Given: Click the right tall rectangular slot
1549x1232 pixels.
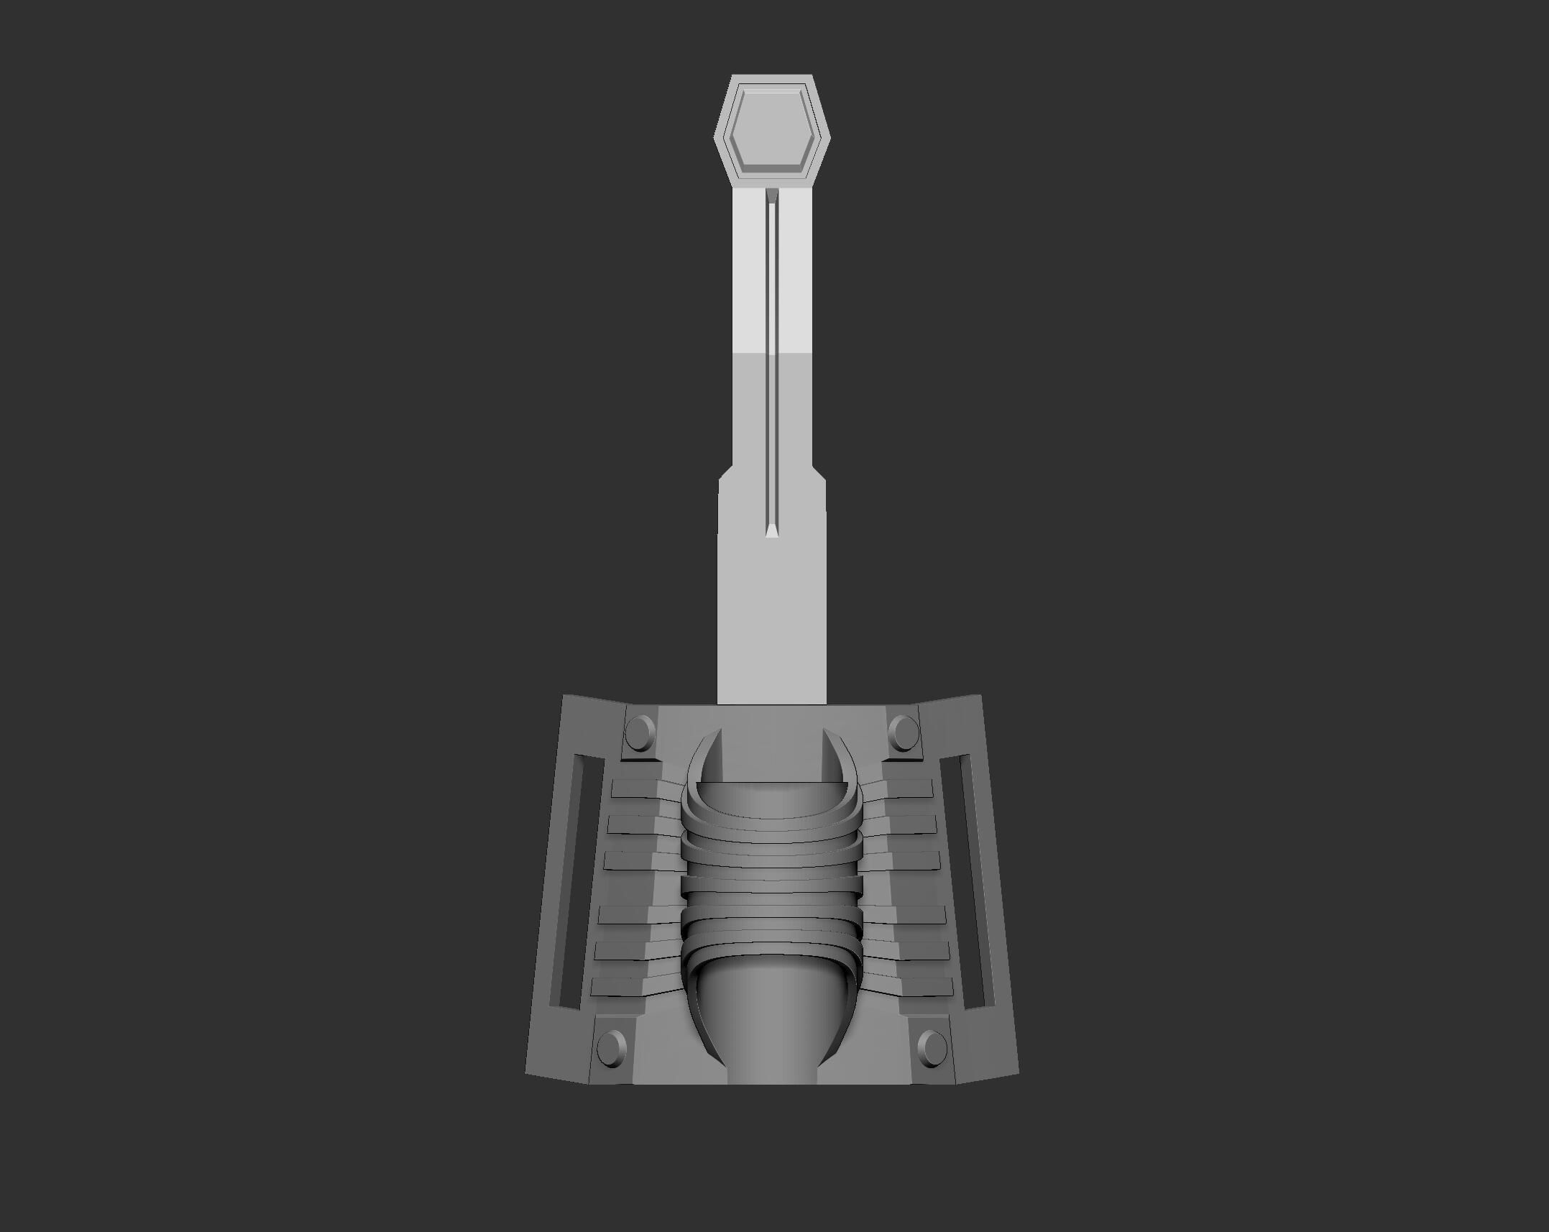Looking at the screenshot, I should click(x=974, y=881).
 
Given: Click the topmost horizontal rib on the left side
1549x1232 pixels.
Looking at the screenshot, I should click(x=636, y=789).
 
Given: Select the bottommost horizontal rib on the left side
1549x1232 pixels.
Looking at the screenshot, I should click(x=622, y=986).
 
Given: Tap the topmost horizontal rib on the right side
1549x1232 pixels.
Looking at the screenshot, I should click(x=909, y=789).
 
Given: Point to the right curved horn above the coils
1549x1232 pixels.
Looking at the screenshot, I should click(x=841, y=755).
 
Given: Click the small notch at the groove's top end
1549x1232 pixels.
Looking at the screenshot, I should click(x=772, y=195).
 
